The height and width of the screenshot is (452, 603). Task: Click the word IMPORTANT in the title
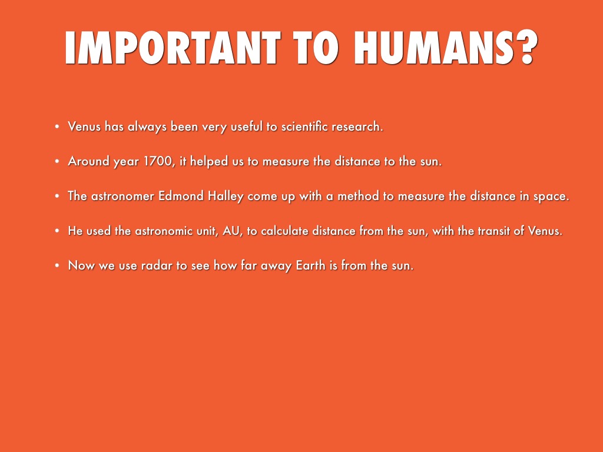173,47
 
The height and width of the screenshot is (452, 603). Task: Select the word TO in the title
316,47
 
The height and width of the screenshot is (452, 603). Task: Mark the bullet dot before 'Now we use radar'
57,265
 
